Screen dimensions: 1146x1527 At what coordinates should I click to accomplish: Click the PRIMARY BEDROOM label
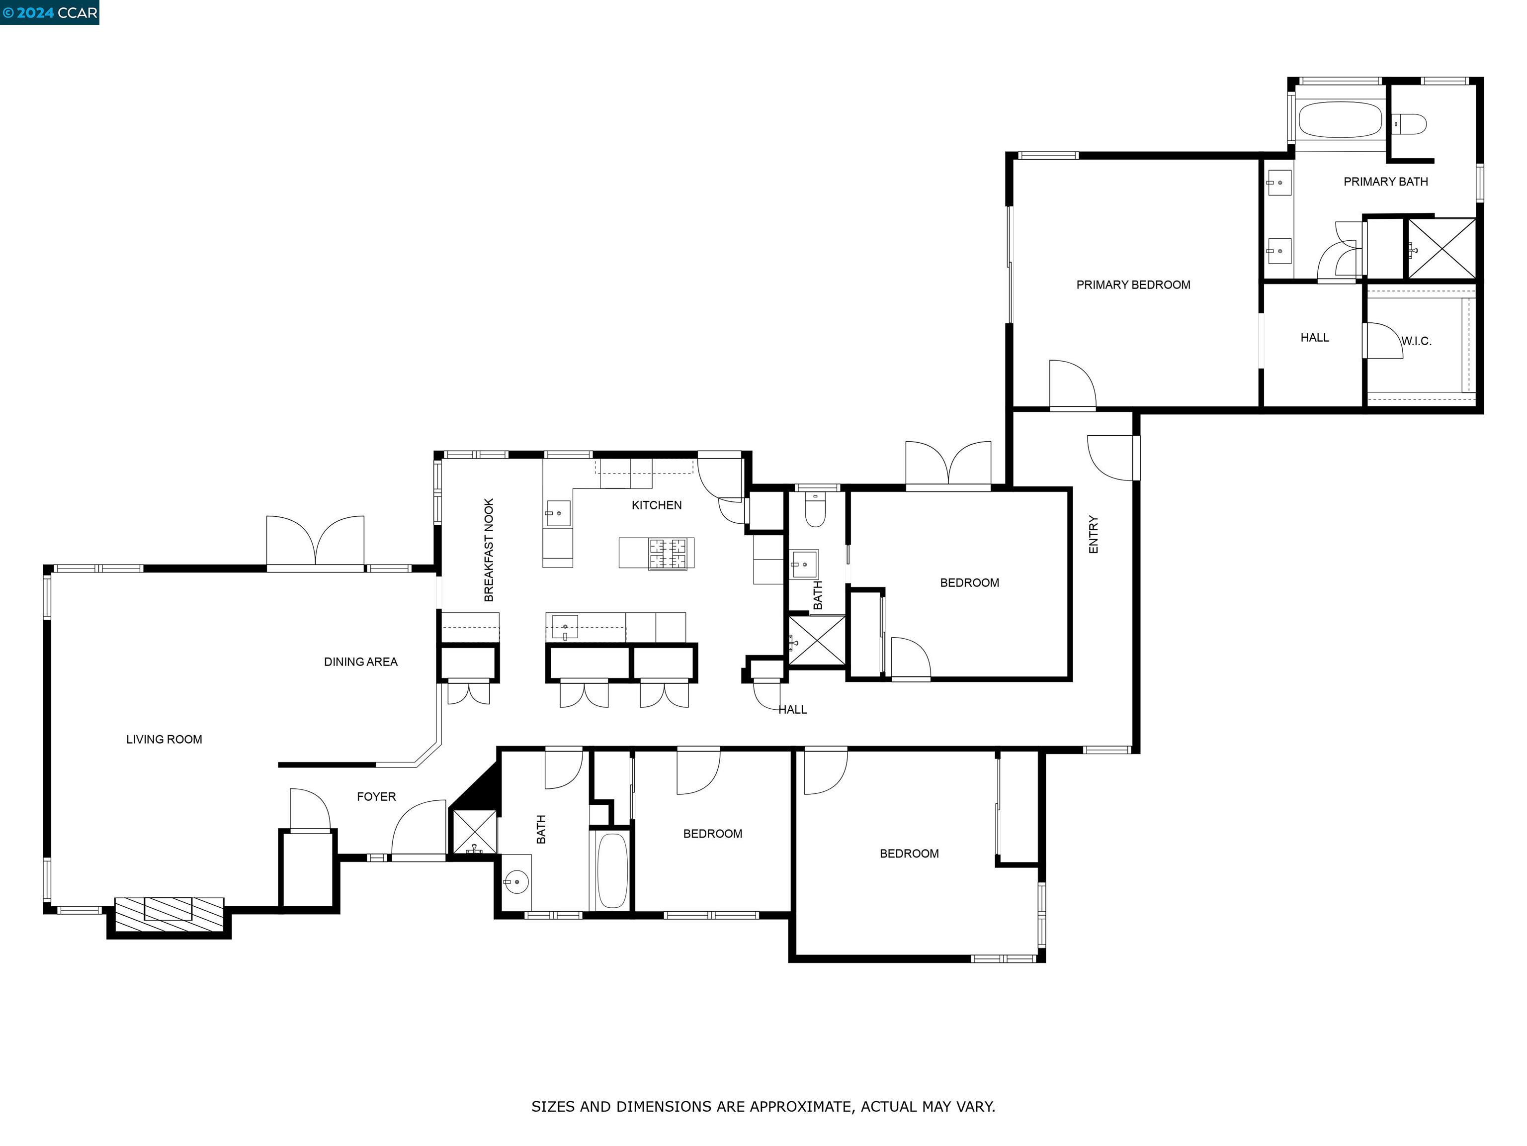point(1133,285)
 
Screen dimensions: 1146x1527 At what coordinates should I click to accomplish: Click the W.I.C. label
point(1416,341)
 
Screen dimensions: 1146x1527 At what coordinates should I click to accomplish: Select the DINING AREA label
point(360,662)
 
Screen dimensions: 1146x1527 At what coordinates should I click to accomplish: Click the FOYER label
point(376,796)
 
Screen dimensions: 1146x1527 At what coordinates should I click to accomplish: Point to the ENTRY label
point(1094,534)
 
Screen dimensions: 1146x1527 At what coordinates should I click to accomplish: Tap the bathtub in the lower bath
point(611,870)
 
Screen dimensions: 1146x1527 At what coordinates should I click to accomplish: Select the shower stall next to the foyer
point(474,832)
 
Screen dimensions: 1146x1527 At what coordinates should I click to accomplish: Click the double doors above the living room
point(316,542)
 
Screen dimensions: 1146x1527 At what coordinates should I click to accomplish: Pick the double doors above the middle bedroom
point(948,464)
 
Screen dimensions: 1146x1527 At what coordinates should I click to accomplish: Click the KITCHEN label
point(657,505)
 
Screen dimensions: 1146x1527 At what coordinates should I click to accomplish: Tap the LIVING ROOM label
point(165,739)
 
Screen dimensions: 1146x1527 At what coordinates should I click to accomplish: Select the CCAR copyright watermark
point(50,12)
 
